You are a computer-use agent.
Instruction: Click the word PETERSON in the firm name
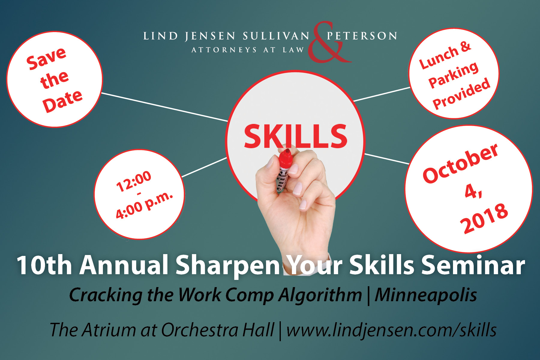point(362,36)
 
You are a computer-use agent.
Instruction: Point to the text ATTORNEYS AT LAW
point(248,50)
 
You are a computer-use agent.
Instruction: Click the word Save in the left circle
point(46,59)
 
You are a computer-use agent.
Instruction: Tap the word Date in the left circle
point(62,101)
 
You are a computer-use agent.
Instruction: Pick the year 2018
point(484,218)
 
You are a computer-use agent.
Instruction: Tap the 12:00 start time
point(134,181)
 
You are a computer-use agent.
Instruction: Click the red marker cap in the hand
point(285,159)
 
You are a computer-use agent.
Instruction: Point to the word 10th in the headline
point(44,265)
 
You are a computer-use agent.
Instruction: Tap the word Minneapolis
point(426,295)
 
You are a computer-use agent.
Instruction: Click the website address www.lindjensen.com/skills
point(391,330)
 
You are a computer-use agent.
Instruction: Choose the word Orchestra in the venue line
point(200,330)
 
